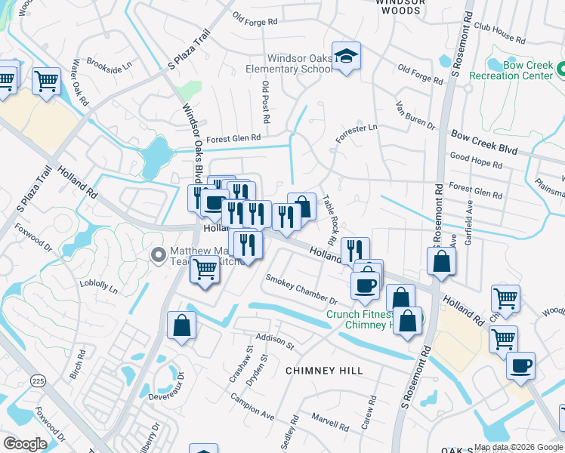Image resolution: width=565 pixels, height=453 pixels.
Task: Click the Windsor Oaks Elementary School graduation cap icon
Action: click(x=346, y=56)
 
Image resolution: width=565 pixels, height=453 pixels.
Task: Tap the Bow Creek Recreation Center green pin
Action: click(x=560, y=70)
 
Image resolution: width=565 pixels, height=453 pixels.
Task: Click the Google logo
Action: click(x=25, y=444)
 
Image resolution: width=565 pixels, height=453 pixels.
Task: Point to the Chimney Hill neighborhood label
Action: click(x=324, y=371)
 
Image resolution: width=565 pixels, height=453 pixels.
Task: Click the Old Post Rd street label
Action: click(x=265, y=103)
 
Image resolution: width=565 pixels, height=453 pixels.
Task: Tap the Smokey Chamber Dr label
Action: click(x=301, y=289)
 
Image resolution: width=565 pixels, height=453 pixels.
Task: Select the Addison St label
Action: click(x=274, y=342)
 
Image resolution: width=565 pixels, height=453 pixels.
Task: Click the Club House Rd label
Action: click(x=499, y=33)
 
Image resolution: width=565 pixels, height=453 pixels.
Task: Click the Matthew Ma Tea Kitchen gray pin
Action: click(x=159, y=254)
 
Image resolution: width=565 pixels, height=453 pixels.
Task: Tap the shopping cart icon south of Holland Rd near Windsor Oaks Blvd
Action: click(x=205, y=269)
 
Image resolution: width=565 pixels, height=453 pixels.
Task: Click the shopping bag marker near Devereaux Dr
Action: click(x=182, y=325)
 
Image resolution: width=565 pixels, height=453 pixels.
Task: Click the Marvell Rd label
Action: click(x=327, y=418)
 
